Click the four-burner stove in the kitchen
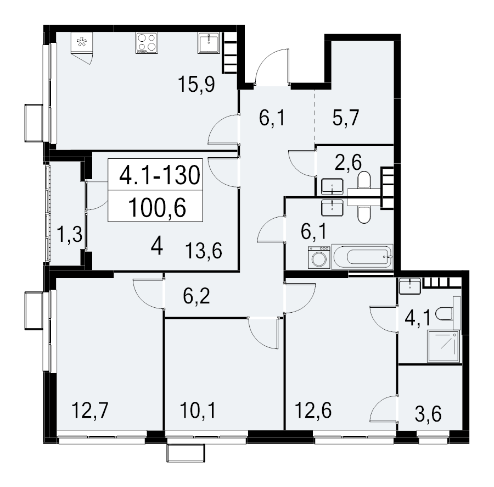tap(147, 43)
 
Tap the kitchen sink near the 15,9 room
tap(209, 43)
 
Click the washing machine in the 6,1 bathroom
tap(319, 258)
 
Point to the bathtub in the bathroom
tap(362, 257)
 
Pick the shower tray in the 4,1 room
tap(444, 346)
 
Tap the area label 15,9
tap(197, 84)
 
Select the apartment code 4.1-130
tap(160, 174)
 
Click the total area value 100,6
tap(157, 208)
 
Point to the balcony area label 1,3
tap(70, 235)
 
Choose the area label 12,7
tap(90, 410)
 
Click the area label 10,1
tap(198, 410)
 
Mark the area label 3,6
tap(428, 414)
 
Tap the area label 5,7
tap(346, 118)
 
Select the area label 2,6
tap(348, 162)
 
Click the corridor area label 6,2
tap(197, 296)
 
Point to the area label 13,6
tap(204, 251)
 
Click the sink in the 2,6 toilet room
tap(333, 186)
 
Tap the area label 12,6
tap(313, 410)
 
